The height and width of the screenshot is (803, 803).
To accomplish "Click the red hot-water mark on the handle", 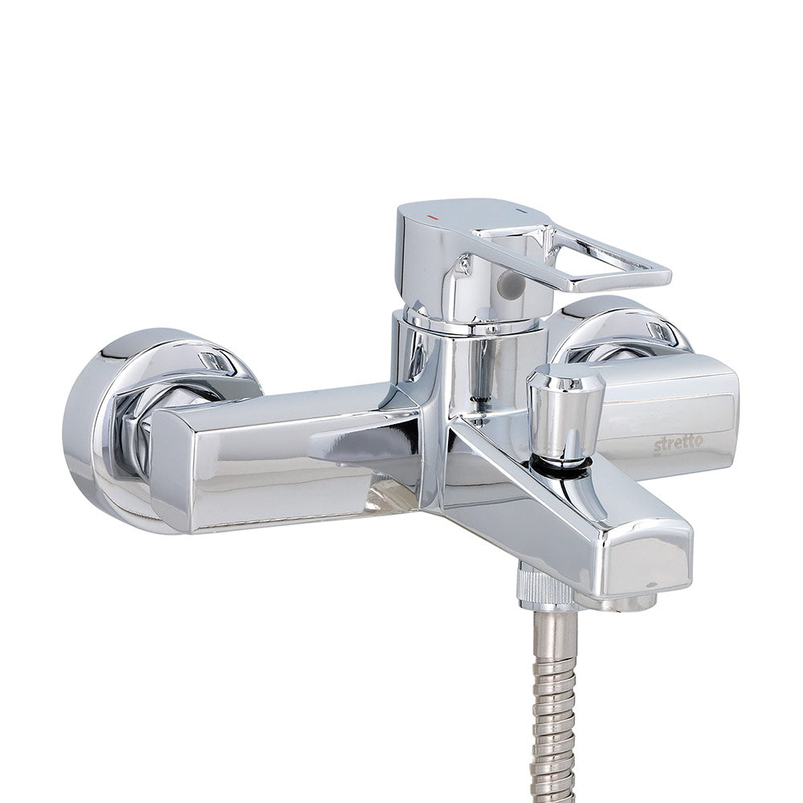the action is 433,218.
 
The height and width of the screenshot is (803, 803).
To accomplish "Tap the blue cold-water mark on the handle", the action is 521,210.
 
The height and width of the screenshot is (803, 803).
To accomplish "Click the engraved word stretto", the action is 678,444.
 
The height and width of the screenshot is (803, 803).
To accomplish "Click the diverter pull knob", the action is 566,408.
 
